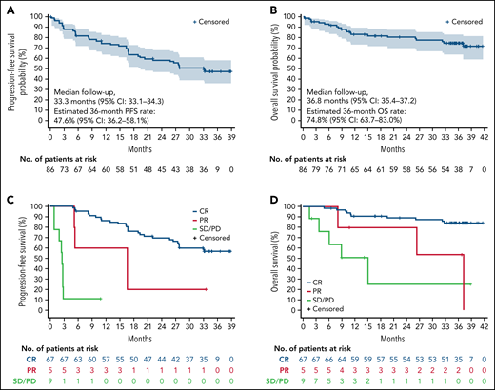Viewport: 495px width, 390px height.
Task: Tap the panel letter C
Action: click(x=7, y=201)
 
